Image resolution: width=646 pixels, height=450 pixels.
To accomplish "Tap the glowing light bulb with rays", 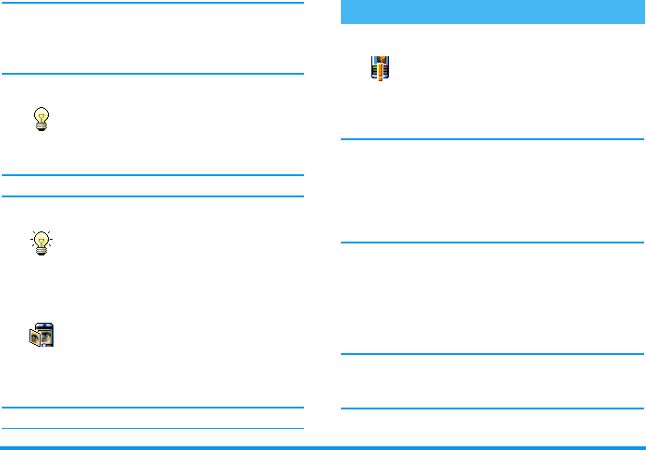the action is [41, 243].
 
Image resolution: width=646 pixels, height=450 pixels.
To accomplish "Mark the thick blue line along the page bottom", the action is [323, 448].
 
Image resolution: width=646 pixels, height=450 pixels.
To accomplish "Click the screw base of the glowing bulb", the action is [41, 251].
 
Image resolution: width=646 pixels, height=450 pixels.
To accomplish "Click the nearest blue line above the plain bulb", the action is [152, 75].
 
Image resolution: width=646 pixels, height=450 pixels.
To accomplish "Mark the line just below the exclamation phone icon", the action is [492, 140].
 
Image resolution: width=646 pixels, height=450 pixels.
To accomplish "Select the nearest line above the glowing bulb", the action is [152, 195].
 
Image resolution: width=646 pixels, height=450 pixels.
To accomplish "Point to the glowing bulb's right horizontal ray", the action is [52, 239].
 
